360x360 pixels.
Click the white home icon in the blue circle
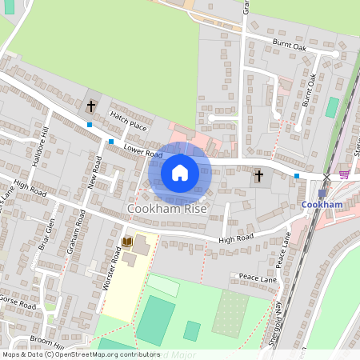point(180,173)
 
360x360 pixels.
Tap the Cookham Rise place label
point(167,209)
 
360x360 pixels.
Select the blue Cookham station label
point(322,205)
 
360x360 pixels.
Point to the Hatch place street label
point(129,121)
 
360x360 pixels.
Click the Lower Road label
point(143,150)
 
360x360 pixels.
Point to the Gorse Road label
point(18,306)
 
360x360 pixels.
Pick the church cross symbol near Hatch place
point(91,105)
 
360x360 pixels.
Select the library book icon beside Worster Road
point(126,242)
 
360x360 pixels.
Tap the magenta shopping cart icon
point(345,174)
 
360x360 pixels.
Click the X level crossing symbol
point(326,176)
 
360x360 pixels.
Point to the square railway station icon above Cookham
point(322,193)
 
